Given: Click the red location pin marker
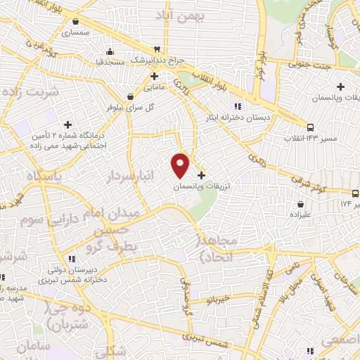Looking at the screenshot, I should click(181, 165).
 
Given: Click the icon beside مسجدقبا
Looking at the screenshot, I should click(110, 52).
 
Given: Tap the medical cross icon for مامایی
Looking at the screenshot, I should click(153, 76).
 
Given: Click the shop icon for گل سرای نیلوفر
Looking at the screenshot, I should click(130, 96).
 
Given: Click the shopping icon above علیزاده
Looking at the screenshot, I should click(300, 204).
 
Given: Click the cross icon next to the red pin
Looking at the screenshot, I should click(202, 175).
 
